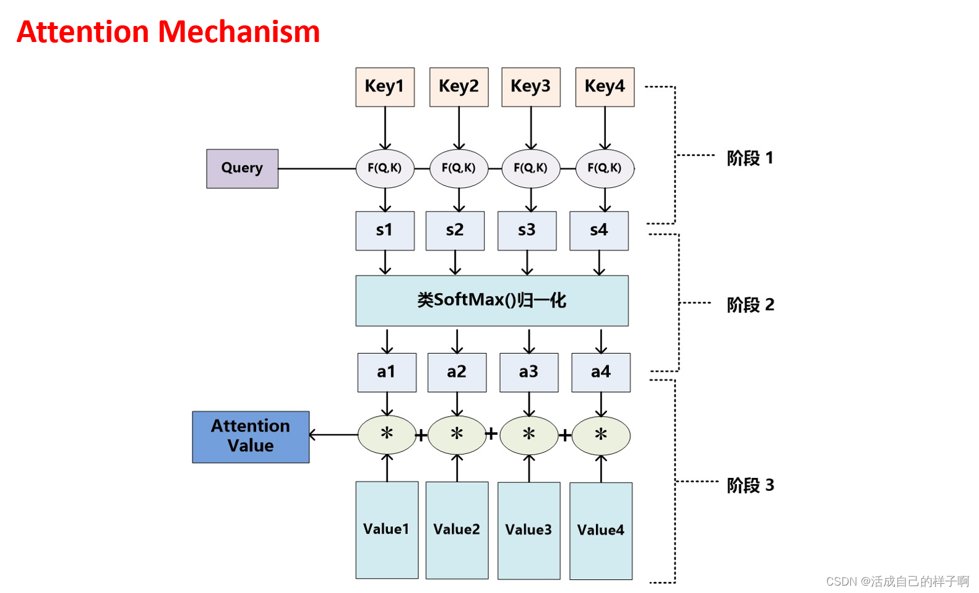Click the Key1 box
tap(385, 87)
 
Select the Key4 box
tap(605, 87)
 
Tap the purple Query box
tap(242, 169)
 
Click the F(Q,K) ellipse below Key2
tap(459, 169)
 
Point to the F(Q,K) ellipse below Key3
tap(531, 169)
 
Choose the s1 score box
tap(385, 231)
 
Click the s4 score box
tap(599, 231)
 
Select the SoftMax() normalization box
tap(492, 301)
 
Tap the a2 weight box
tap(457, 372)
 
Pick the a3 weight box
tap(529, 372)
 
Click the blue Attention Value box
tap(251, 437)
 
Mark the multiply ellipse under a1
tap(387, 435)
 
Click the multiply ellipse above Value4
tap(601, 435)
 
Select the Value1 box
tap(387, 530)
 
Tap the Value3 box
tap(529, 531)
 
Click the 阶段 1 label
tap(750, 158)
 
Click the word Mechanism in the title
tap(239, 32)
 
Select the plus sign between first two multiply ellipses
tap(421, 435)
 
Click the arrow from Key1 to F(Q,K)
tap(385, 129)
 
